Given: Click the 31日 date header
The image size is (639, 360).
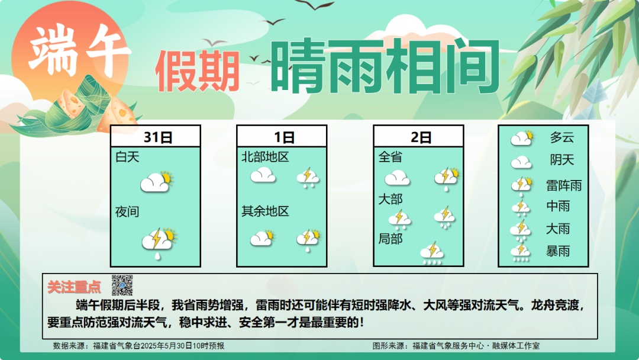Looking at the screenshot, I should (x=158, y=137).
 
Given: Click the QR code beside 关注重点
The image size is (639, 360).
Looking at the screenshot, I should (x=122, y=285).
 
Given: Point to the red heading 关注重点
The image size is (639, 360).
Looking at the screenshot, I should (x=74, y=287).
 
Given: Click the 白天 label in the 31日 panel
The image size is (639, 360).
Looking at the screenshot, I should (x=128, y=157).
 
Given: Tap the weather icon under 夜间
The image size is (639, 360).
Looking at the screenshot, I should (x=158, y=242).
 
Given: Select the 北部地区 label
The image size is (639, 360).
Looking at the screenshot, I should (x=265, y=157).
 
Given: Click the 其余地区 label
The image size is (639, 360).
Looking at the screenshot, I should (x=265, y=211).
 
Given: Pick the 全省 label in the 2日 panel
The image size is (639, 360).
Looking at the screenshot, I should (x=390, y=157).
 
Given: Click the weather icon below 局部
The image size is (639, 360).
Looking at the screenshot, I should (x=432, y=253).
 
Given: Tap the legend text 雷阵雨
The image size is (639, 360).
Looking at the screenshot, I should (x=563, y=185).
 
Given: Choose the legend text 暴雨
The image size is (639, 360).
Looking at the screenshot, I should (x=558, y=251).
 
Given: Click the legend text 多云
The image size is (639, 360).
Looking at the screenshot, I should (x=561, y=138).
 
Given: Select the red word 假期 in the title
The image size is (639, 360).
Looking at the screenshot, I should (x=198, y=71).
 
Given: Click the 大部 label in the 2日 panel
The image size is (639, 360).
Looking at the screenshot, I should (x=390, y=200).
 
